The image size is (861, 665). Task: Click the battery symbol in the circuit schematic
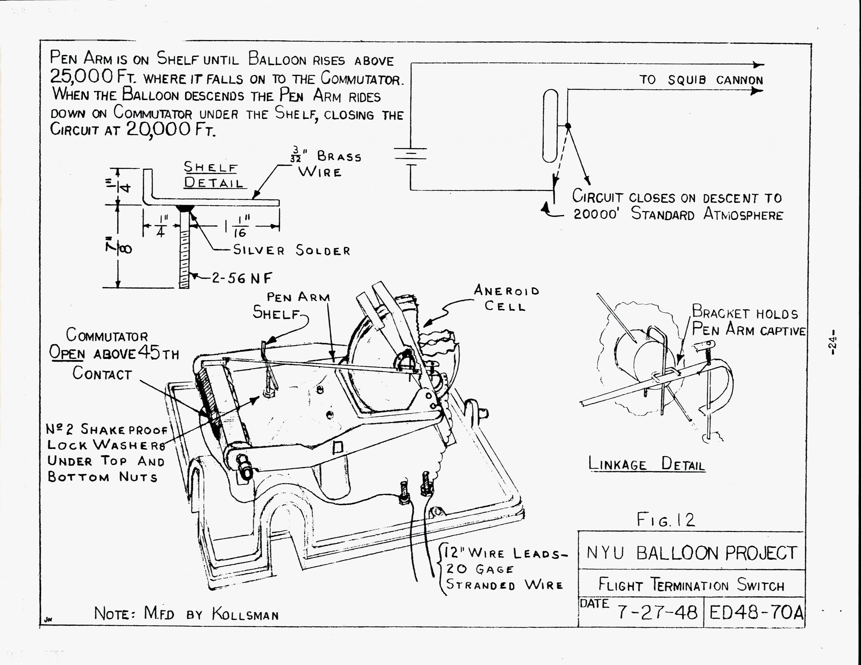[410, 156]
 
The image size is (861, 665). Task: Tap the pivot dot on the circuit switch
[568, 126]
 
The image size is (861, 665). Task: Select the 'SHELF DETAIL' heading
[213, 175]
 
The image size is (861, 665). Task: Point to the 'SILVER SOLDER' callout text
[292, 251]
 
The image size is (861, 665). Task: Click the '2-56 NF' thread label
[242, 279]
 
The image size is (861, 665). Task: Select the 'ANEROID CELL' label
[506, 298]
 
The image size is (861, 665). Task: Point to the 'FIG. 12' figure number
[666, 520]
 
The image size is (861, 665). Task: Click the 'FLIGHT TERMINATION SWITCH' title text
[691, 585]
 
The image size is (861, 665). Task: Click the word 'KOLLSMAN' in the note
[245, 614]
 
